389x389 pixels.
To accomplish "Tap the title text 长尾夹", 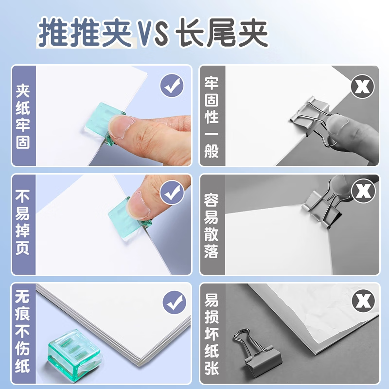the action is tap(222, 33).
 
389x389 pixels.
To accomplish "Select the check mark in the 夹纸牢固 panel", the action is tap(172, 86).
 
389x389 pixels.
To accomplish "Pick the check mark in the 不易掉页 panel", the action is tap(172, 192).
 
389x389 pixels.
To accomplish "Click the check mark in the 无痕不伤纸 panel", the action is tap(175, 302).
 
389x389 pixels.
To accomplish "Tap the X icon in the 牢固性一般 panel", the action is tap(362, 87).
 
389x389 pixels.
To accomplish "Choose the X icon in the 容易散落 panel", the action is tap(363, 191).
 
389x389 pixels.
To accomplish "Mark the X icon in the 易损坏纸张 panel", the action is tap(363, 301).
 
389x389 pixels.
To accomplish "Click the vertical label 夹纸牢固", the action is tap(23, 116).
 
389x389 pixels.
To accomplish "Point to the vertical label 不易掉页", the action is tap(22, 223).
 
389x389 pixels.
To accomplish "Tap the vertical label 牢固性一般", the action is tap(212, 118).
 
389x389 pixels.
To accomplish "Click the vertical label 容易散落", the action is tap(211, 226).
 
